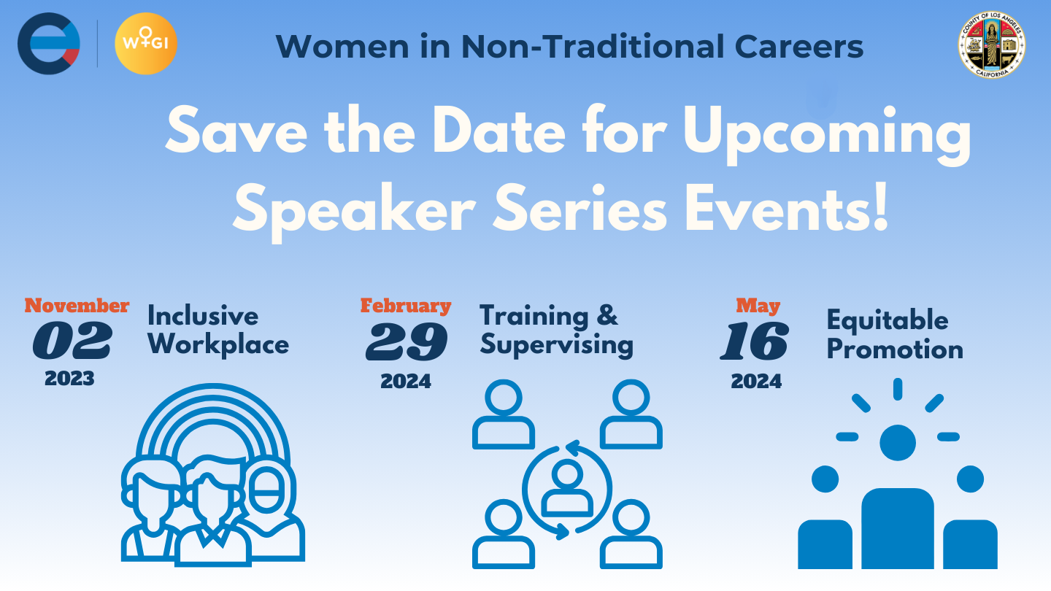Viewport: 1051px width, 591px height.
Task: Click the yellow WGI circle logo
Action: [x=146, y=44]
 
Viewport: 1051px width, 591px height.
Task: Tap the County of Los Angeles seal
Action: [x=992, y=45]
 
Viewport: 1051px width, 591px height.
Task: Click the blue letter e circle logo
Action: [x=49, y=44]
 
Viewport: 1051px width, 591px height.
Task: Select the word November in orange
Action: [x=77, y=306]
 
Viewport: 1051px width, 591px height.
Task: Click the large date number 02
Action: [x=72, y=341]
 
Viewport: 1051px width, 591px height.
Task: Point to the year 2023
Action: [x=69, y=379]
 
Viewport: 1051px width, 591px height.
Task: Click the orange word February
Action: [x=406, y=306]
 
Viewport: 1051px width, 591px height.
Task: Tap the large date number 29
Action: [x=407, y=341]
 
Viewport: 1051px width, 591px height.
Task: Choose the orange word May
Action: [x=758, y=306]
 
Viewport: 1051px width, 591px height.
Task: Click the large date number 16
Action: [x=755, y=341]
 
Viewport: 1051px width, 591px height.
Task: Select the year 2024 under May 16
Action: [x=756, y=382]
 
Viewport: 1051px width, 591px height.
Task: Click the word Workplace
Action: [x=218, y=346]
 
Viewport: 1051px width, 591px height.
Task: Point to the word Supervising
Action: [x=556, y=346]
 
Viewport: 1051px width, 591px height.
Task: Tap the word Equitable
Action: [x=888, y=321]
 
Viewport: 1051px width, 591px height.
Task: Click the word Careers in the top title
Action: [x=799, y=47]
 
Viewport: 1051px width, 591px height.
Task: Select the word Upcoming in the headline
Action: [x=827, y=134]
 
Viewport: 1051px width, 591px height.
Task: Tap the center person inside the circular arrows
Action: [x=567, y=488]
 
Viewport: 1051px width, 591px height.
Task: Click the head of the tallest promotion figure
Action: [x=898, y=443]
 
